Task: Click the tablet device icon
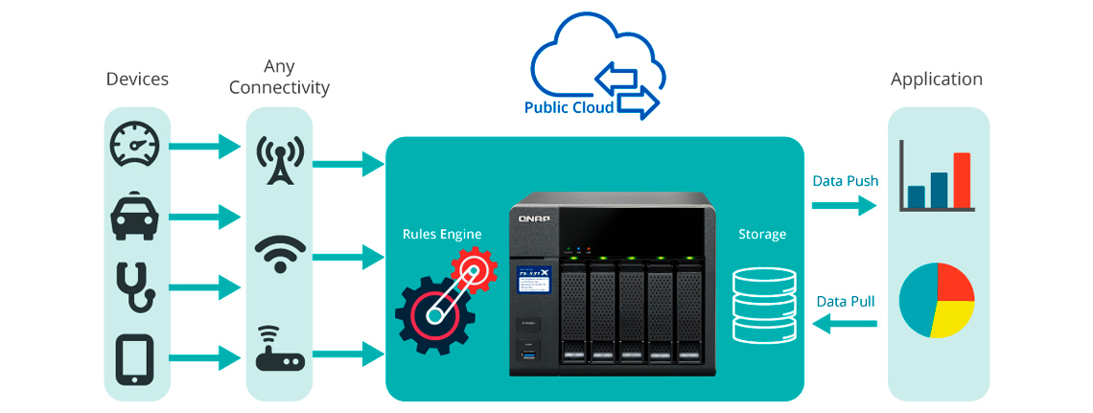[x=134, y=358]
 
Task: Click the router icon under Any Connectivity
[x=279, y=351]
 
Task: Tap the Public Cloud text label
[x=569, y=107]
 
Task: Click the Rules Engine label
[x=442, y=234]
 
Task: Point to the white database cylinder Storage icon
[x=763, y=306]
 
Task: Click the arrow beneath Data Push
[x=844, y=204]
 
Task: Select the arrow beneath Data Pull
[x=845, y=326]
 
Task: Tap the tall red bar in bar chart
[x=962, y=179]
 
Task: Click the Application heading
[x=936, y=80]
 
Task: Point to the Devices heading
[x=137, y=80]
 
